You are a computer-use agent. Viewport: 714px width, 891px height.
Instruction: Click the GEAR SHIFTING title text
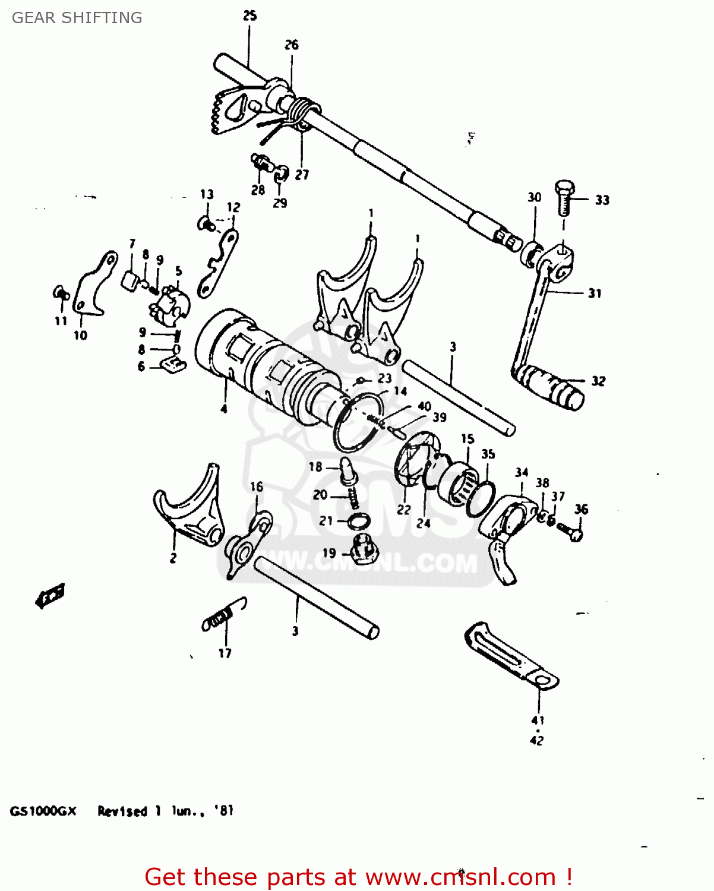77,18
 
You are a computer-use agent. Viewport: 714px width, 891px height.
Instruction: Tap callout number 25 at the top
249,16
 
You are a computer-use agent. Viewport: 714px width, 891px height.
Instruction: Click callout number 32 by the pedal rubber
598,381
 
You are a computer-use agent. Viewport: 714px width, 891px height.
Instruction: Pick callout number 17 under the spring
225,653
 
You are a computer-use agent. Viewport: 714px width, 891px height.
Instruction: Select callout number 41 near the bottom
538,720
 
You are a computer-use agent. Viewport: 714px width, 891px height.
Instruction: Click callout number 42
536,741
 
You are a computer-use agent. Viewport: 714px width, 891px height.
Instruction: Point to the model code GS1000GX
43,811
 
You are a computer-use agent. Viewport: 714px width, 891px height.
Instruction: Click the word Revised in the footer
122,811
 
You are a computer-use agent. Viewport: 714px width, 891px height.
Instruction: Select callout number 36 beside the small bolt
581,509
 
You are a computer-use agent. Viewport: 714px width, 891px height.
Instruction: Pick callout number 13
207,194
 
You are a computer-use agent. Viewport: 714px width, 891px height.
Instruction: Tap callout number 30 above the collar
535,197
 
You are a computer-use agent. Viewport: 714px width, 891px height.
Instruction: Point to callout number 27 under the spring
302,175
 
